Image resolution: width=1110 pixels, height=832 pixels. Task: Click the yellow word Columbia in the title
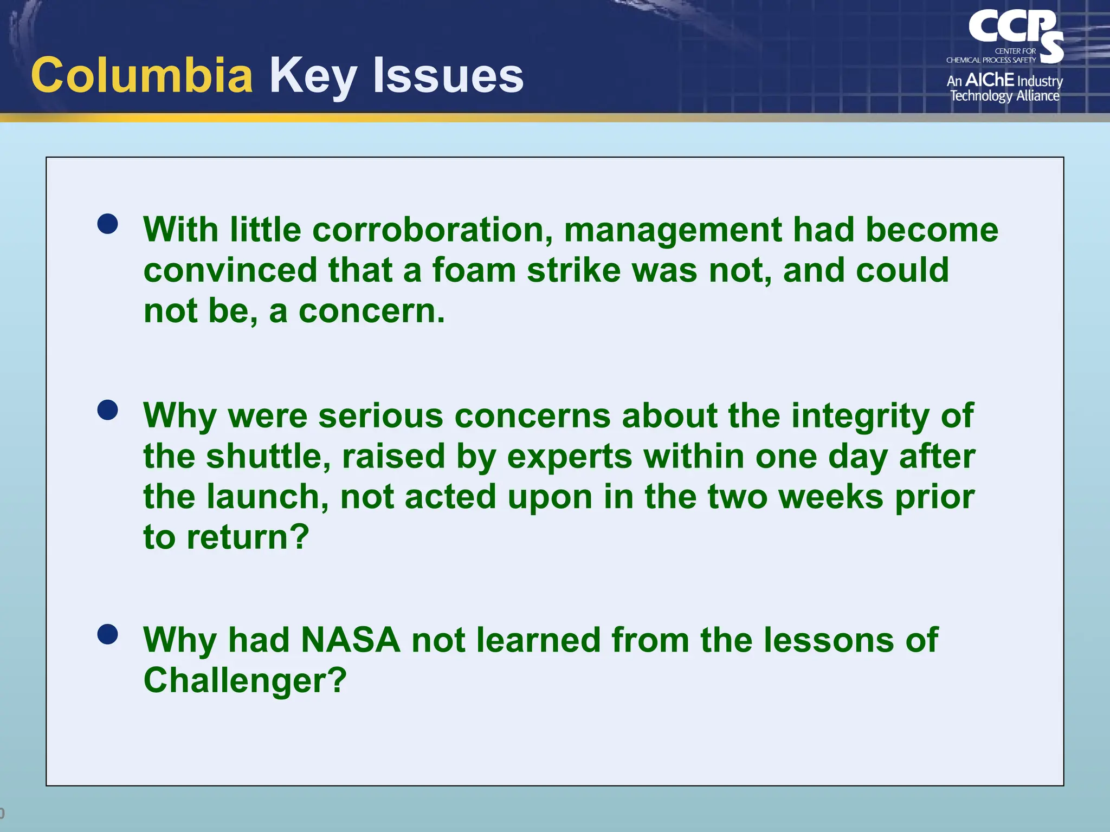point(142,76)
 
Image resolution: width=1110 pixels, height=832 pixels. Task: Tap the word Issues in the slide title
point(448,76)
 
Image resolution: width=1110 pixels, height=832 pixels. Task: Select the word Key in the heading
point(313,76)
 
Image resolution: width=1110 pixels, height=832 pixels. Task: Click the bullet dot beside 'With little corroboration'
point(108,224)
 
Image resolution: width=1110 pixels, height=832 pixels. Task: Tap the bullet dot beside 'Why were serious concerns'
point(108,410)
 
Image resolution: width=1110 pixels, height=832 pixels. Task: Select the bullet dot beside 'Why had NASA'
point(108,634)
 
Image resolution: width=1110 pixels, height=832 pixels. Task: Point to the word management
point(673,230)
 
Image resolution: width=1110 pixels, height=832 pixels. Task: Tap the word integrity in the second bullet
point(860,416)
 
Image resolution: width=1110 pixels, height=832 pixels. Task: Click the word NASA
point(350,640)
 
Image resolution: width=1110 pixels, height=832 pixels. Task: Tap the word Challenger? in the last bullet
point(245,680)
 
